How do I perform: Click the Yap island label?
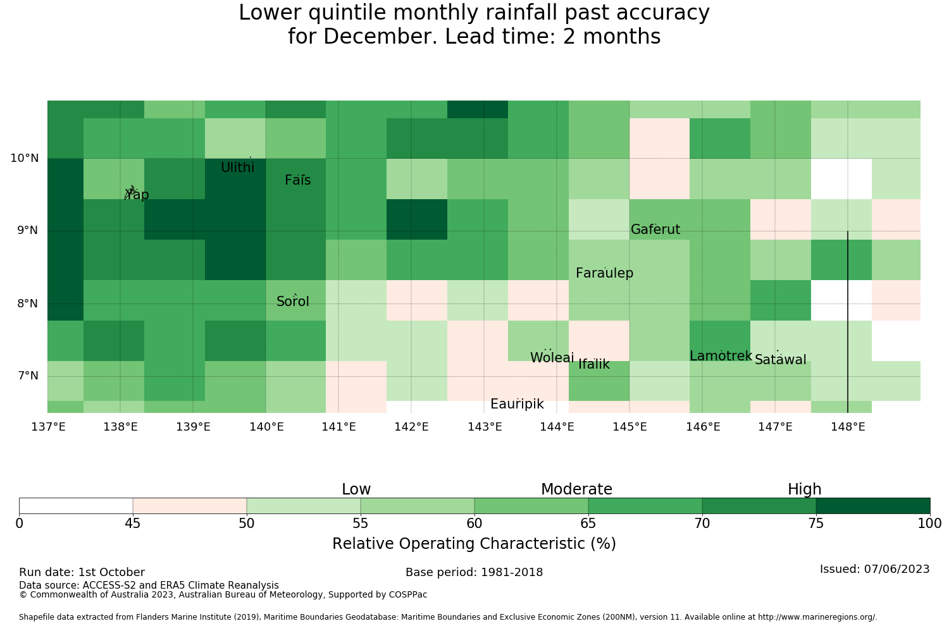137,195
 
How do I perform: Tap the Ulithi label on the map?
238,168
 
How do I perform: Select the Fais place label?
298,180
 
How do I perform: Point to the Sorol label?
293,302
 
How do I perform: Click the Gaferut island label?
655,229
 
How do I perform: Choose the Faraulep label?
605,273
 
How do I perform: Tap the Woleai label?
552,357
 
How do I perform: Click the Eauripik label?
517,404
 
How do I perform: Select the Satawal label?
780,360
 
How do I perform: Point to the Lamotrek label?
721,356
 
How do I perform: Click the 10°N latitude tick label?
25,159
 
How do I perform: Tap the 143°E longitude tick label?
484,427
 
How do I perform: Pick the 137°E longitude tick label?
48,427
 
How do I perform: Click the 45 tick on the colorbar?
133,524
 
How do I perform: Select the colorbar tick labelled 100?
929,524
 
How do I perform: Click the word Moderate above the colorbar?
576,489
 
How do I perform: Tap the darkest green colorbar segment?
872,506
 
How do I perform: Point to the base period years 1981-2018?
512,572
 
